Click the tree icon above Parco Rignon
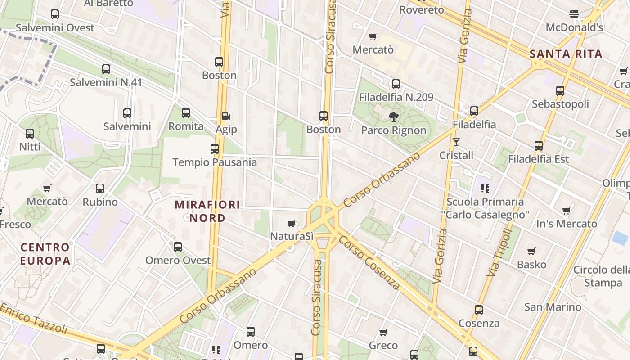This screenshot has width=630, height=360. [394, 117]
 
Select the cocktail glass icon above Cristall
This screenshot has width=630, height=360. [457, 142]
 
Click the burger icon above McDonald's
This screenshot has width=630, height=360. [574, 14]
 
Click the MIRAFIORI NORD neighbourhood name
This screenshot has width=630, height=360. [207, 211]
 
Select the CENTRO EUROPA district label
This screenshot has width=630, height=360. [45, 253]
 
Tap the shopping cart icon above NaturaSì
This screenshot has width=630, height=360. [292, 223]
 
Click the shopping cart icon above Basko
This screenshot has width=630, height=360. [531, 251]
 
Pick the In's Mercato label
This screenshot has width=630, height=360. [567, 224]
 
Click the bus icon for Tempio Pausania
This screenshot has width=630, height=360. [215, 148]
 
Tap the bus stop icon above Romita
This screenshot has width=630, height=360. [186, 113]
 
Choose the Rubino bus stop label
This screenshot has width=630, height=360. [100, 202]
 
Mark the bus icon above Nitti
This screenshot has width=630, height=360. [30, 133]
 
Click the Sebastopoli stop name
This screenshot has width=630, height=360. [560, 104]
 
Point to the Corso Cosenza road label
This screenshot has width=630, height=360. [369, 262]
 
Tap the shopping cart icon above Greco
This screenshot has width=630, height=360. [383, 332]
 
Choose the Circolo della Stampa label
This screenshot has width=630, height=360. [602, 276]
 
